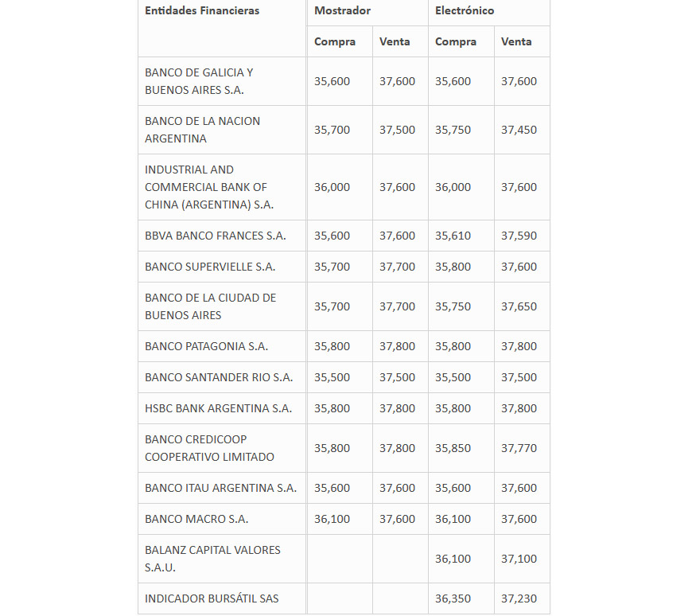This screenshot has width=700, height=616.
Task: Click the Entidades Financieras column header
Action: pos(202,10)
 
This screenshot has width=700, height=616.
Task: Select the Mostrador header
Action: pos(342,10)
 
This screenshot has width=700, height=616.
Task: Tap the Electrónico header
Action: pos(465,10)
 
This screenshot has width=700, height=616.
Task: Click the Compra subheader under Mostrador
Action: pos(335,41)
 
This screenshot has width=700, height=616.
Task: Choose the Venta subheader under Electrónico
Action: pos(516,41)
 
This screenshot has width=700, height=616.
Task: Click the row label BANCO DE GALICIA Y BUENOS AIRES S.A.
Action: pos(199,81)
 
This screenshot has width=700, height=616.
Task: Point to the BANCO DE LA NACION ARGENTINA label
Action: pos(202,130)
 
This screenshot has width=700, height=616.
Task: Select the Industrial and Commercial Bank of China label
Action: pos(208,187)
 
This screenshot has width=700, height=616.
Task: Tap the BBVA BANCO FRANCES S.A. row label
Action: pos(215,236)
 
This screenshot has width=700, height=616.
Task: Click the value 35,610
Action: pos(453,236)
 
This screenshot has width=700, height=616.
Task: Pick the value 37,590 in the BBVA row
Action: pos(519,236)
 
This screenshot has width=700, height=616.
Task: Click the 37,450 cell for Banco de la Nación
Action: pos(519,130)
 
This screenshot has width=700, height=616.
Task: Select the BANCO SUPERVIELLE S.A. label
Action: pos(210,267)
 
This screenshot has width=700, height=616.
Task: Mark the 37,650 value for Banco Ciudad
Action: pos(519,306)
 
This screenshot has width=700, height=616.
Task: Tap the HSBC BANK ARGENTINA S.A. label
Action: pos(218,408)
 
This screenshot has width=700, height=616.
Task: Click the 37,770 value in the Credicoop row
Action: pos(519,448)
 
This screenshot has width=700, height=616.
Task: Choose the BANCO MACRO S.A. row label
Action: pos(196,519)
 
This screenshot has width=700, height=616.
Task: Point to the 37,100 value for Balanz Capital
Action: pos(519,559)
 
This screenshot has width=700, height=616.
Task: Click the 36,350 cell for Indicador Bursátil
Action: pos(453,598)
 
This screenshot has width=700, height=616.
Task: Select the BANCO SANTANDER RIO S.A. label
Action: pos(219,377)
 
